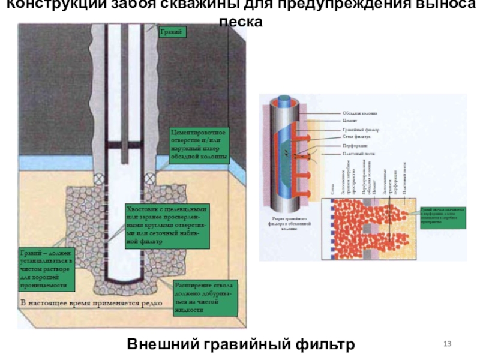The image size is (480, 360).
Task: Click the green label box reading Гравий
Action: (173, 31)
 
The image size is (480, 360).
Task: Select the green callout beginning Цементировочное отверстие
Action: (199, 145)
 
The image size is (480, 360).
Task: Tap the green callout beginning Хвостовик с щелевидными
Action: (166, 226)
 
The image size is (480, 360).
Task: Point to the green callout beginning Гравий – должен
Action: (46, 269)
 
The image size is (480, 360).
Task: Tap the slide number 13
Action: (447, 343)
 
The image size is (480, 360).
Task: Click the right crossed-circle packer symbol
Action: (148, 178)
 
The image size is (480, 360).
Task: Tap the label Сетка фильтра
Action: (358, 137)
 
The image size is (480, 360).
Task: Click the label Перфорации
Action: (356, 146)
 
